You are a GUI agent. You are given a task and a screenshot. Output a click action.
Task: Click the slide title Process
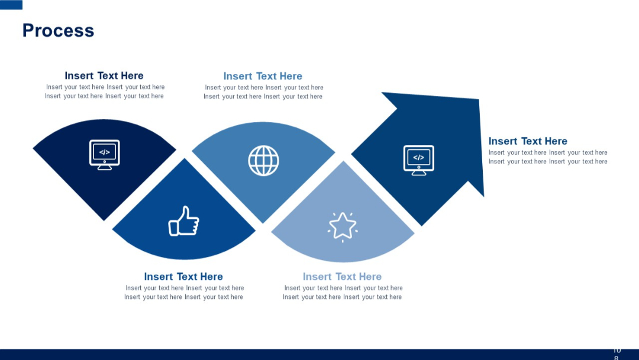click(58, 31)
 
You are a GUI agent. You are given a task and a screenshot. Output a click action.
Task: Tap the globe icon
click(263, 160)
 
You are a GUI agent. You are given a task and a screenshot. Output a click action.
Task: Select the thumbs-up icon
click(183, 221)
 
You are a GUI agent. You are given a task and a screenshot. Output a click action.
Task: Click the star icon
click(343, 226)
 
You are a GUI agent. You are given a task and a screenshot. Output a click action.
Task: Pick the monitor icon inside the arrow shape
click(418, 160)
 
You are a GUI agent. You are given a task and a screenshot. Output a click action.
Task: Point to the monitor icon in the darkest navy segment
click(104, 155)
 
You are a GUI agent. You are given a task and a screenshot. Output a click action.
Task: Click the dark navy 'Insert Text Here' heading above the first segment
click(104, 76)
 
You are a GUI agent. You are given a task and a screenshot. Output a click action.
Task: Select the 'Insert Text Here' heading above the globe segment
click(263, 76)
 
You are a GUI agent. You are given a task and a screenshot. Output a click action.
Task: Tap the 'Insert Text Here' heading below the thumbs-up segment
click(183, 277)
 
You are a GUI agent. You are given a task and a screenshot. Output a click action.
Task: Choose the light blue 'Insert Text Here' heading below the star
click(342, 277)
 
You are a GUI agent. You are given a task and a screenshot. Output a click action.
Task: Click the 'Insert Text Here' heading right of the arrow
click(528, 141)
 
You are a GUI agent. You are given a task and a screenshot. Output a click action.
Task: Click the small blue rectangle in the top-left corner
click(11, 5)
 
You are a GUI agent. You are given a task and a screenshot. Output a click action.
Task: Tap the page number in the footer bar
click(617, 354)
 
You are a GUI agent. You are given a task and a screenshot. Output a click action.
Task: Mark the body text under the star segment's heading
click(343, 292)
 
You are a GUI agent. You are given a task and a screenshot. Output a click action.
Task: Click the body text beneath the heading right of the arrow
click(548, 157)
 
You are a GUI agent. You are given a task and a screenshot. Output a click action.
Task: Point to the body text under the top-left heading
click(105, 92)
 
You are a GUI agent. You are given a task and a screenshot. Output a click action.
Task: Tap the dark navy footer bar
click(296, 354)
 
